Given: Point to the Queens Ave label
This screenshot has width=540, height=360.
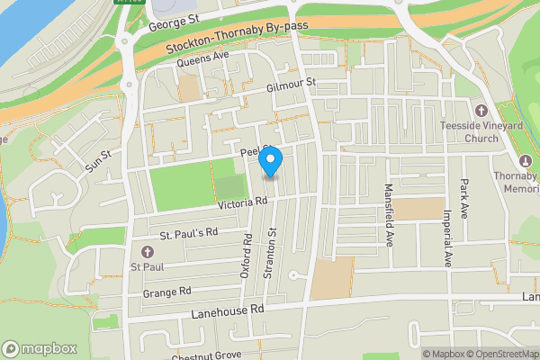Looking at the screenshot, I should coord(203,59).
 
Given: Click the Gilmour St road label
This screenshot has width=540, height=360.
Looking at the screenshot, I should coord(293,86).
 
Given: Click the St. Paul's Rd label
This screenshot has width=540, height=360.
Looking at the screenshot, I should coord(189,232).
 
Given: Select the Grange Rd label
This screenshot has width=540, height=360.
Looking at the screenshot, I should coord(166,292).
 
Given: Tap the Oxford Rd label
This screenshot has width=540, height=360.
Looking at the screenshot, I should coord(246,256).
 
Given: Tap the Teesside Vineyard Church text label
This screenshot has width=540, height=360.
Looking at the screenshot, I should coord(488,132).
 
